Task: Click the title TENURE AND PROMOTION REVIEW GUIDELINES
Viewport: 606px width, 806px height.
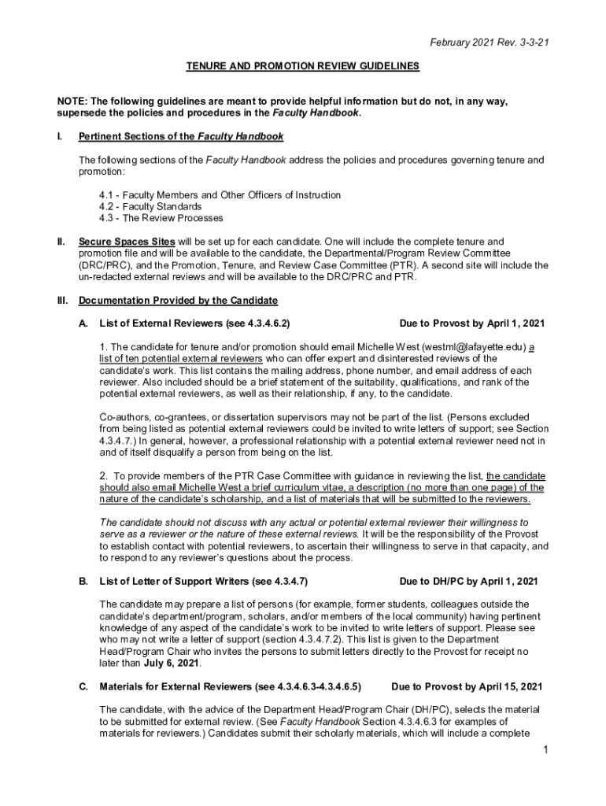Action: point(302,67)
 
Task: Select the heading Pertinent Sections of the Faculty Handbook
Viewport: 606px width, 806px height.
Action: point(181,136)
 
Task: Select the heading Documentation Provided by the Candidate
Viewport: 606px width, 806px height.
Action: point(178,300)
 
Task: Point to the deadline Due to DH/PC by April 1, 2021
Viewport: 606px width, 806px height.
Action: point(468,582)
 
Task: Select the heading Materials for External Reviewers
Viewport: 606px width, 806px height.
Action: point(230,686)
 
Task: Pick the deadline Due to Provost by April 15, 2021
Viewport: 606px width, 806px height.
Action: point(467,686)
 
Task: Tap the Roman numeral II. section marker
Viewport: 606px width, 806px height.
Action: point(61,241)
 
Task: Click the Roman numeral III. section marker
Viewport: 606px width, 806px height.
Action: point(62,300)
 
